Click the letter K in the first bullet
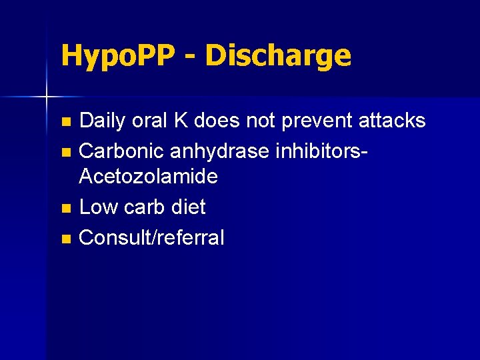click(x=180, y=121)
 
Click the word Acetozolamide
click(x=148, y=177)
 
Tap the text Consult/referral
click(x=151, y=237)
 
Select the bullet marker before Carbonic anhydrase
click(x=65, y=151)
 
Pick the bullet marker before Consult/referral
click(x=65, y=239)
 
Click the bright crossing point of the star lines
click(x=47, y=97)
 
